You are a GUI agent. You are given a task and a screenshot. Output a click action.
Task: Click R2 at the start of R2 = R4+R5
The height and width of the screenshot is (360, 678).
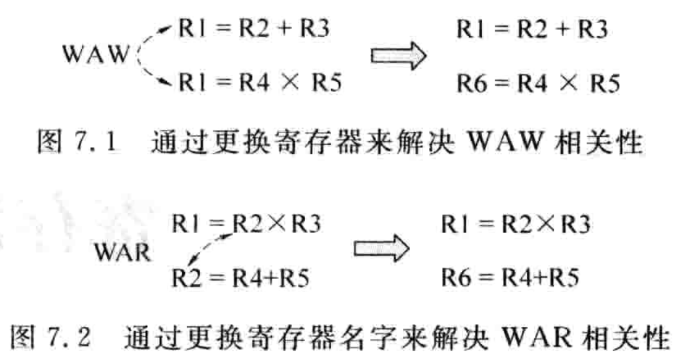(186, 277)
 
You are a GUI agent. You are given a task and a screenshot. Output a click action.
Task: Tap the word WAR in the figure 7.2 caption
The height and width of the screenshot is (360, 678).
(523, 341)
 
